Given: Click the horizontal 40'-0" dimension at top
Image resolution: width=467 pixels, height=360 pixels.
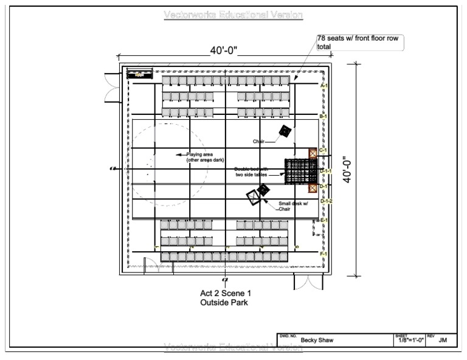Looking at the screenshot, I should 224,51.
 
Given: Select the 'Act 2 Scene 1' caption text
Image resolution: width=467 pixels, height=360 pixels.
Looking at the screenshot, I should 226,293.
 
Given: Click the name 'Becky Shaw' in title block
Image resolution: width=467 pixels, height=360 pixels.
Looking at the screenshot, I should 317,341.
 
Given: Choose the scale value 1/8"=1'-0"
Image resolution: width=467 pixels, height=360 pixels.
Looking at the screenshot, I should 410,341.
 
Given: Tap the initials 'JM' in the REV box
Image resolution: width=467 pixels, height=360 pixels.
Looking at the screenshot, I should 443,341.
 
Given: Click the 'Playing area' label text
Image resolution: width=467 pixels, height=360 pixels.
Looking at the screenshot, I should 200,154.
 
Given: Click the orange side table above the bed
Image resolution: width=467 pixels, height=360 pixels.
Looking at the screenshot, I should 313,153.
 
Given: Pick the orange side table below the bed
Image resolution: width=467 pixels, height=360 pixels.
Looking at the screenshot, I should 313,187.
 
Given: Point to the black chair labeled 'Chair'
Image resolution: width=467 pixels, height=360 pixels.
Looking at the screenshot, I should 285,131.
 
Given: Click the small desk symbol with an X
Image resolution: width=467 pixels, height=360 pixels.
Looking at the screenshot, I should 252,197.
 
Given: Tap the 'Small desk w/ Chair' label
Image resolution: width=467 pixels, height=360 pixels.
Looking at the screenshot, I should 292,206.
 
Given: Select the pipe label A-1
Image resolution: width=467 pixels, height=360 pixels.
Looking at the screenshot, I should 324,86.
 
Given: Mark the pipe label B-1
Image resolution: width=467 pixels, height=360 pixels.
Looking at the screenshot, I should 324,116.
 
